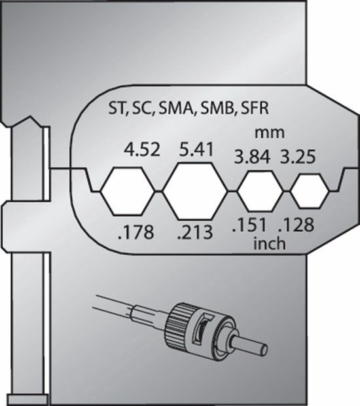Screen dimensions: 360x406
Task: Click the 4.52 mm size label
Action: coord(142,150)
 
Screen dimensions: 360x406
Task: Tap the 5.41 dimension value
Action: coord(196,149)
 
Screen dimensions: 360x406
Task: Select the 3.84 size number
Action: coord(252,157)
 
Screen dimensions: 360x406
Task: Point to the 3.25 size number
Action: coord(298,157)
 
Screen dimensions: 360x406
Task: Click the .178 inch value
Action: coord(135,232)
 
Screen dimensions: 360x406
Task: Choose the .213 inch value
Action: coord(195,232)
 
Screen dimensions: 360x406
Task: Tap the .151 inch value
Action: coord(249,225)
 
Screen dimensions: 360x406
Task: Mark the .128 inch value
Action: coord(297,225)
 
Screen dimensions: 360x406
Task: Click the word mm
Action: coord(270,133)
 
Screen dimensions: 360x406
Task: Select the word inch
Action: coord(270,244)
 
